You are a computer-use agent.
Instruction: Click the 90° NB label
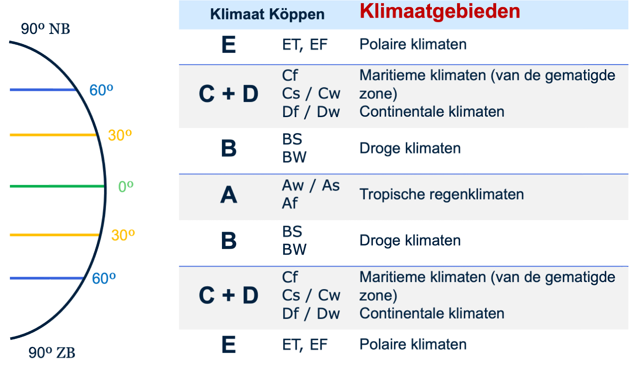45,29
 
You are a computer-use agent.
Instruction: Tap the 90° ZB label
52,353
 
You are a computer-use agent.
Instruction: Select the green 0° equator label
126,186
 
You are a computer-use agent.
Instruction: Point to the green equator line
57,186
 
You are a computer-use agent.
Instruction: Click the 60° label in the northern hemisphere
101,90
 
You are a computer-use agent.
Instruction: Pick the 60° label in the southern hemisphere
104,278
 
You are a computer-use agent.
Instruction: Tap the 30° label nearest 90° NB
120,135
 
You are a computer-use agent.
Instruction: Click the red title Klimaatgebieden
440,11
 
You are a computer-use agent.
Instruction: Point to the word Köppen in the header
297,15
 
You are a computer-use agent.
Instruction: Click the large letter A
229,195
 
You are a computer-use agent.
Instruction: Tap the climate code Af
289,203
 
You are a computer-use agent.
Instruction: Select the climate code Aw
293,185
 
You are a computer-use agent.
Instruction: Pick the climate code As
330,185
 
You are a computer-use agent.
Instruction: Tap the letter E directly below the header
229,45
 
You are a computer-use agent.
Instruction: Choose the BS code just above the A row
292,139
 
